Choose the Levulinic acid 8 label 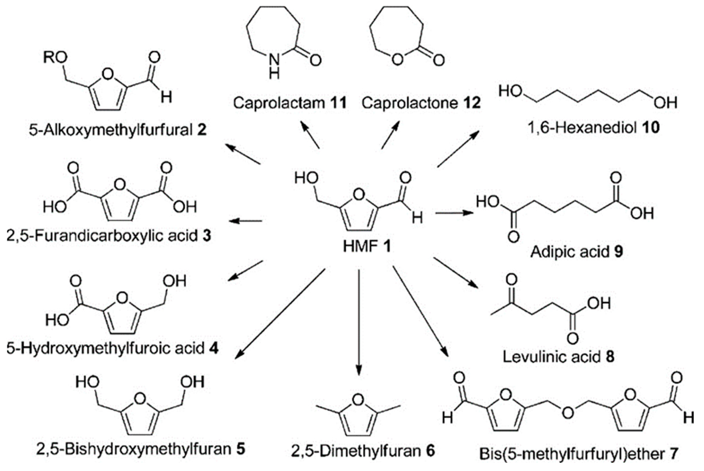[558, 357]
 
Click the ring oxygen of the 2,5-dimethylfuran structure [358, 400]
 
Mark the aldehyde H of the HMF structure [417, 217]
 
